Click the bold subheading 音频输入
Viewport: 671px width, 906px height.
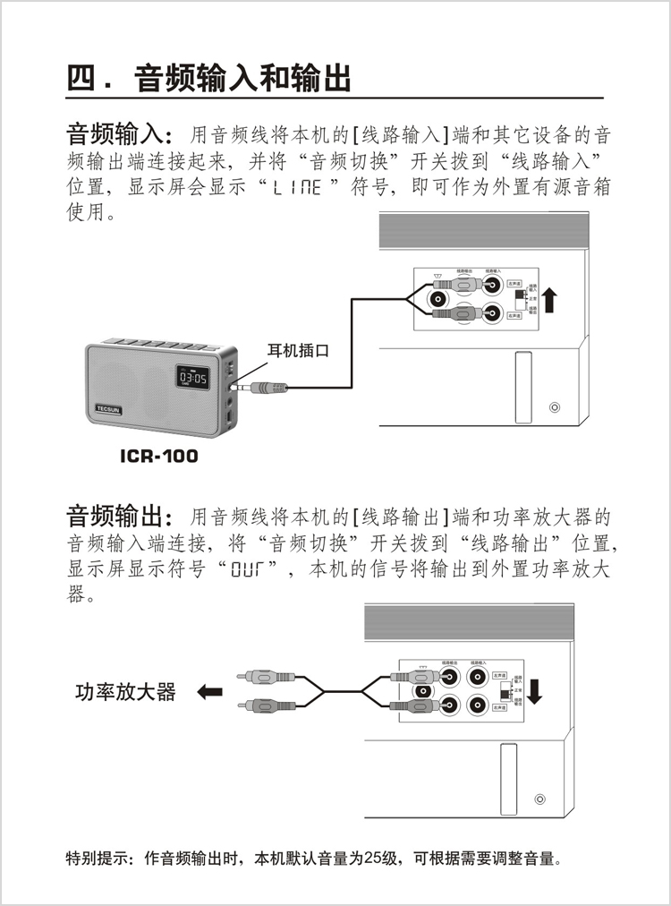[x=116, y=135]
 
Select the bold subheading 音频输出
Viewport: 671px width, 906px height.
[x=116, y=517]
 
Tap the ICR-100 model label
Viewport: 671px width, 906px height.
[x=159, y=457]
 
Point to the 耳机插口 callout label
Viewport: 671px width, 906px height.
[x=298, y=351]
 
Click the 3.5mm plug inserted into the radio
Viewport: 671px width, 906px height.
[x=264, y=388]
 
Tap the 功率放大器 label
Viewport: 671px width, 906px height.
[x=125, y=692]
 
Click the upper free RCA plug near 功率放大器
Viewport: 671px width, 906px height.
[x=259, y=677]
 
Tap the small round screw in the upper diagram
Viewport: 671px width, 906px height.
[x=555, y=407]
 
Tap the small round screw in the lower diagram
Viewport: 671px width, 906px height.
[x=539, y=799]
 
